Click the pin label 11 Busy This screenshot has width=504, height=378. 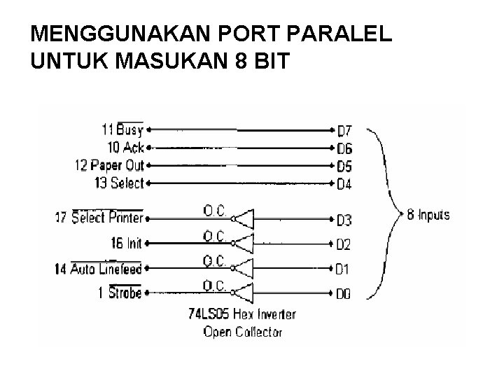tap(122, 129)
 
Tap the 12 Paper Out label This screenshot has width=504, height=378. tap(108, 165)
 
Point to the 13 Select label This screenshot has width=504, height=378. tap(118, 183)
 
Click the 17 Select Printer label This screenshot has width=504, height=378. tap(99, 218)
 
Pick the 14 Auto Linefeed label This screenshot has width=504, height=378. tap(98, 269)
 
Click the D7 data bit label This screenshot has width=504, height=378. tap(344, 131)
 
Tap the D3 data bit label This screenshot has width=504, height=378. tap(344, 221)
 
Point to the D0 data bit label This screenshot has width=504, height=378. tap(344, 294)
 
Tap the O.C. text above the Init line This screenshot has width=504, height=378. tap(214, 234)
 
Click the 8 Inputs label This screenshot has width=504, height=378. tap(429, 214)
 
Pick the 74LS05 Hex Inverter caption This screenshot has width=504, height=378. tap(242, 315)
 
